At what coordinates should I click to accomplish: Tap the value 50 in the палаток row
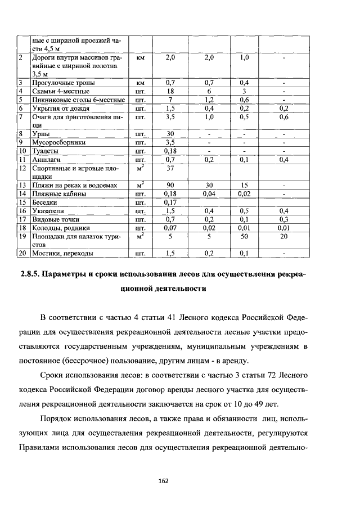click(x=244, y=236)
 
